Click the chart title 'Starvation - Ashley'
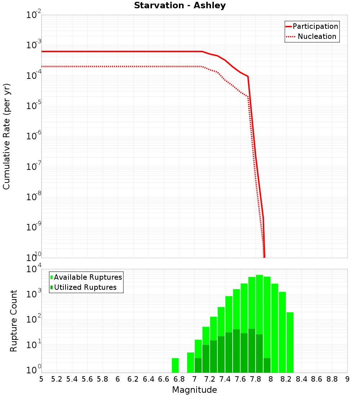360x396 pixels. coord(180,6)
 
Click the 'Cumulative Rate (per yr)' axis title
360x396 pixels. coord(7,136)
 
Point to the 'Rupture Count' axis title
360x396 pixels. coord(14,321)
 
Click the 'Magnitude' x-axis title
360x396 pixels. coord(194,390)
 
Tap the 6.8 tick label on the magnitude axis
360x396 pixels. coord(179,379)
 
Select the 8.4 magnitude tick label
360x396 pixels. coord(301,379)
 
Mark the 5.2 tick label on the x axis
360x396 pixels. coord(57,379)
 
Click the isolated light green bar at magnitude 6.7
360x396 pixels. coord(175,365)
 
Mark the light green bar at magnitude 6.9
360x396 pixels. coord(190,363)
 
